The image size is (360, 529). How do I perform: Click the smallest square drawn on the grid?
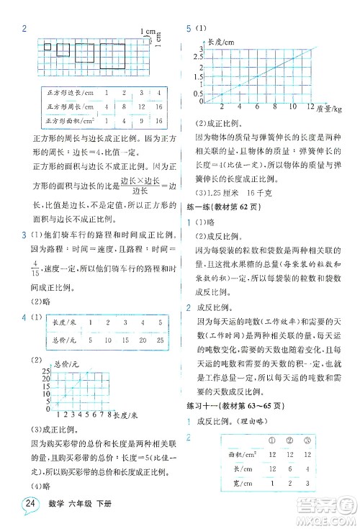(47, 48)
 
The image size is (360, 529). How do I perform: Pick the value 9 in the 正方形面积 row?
(124, 120)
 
